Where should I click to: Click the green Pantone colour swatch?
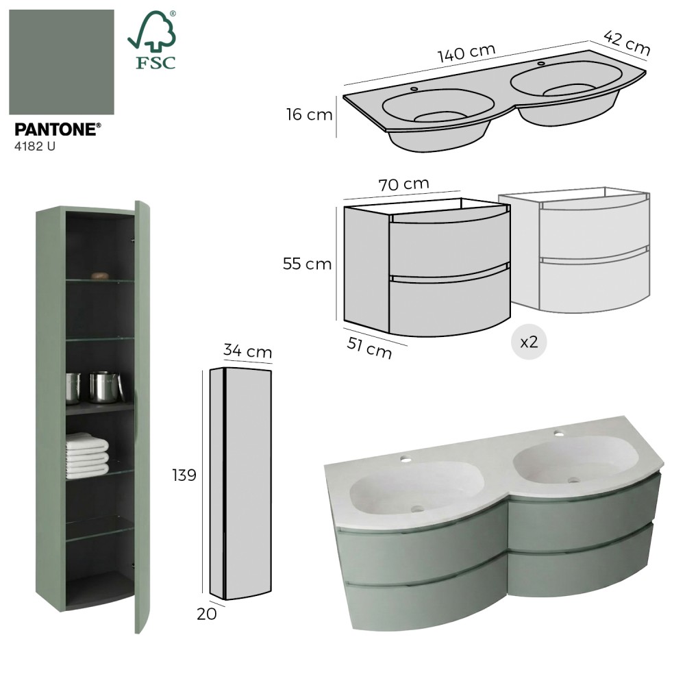62,62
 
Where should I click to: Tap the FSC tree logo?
152,40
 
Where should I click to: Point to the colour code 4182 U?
35,147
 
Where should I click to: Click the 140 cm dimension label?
466,53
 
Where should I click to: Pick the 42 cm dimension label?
627,42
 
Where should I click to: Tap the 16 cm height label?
310,114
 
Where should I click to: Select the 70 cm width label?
403,184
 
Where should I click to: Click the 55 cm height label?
307,264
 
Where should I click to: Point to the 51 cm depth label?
369,348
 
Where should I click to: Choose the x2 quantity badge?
529,342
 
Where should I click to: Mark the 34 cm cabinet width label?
248,350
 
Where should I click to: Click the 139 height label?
184,475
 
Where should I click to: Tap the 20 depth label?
207,614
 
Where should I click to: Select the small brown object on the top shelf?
100,275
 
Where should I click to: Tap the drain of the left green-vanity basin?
417,508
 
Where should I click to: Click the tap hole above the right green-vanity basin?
559,434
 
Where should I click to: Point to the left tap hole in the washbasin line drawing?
414,89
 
